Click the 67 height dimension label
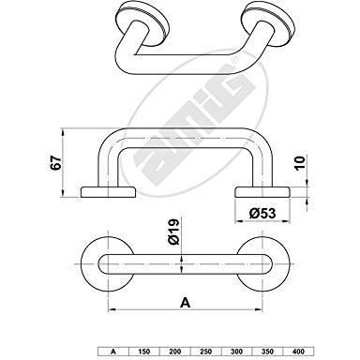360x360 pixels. pyautogui.click(x=56, y=162)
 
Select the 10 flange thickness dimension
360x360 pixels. pyautogui.click(x=299, y=163)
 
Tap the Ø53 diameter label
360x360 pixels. pyautogui.click(x=262, y=213)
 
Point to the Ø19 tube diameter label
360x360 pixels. pyautogui.click(x=174, y=232)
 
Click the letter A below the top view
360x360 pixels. pyautogui.click(x=186, y=303)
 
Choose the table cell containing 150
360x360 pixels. pyautogui.click(x=144, y=352)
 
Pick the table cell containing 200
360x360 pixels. pyautogui.click(x=175, y=352)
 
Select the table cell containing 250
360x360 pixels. pyautogui.click(x=205, y=352)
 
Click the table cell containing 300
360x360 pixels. pyautogui.click(x=236, y=352)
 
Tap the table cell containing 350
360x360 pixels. pyautogui.click(x=267, y=352)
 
